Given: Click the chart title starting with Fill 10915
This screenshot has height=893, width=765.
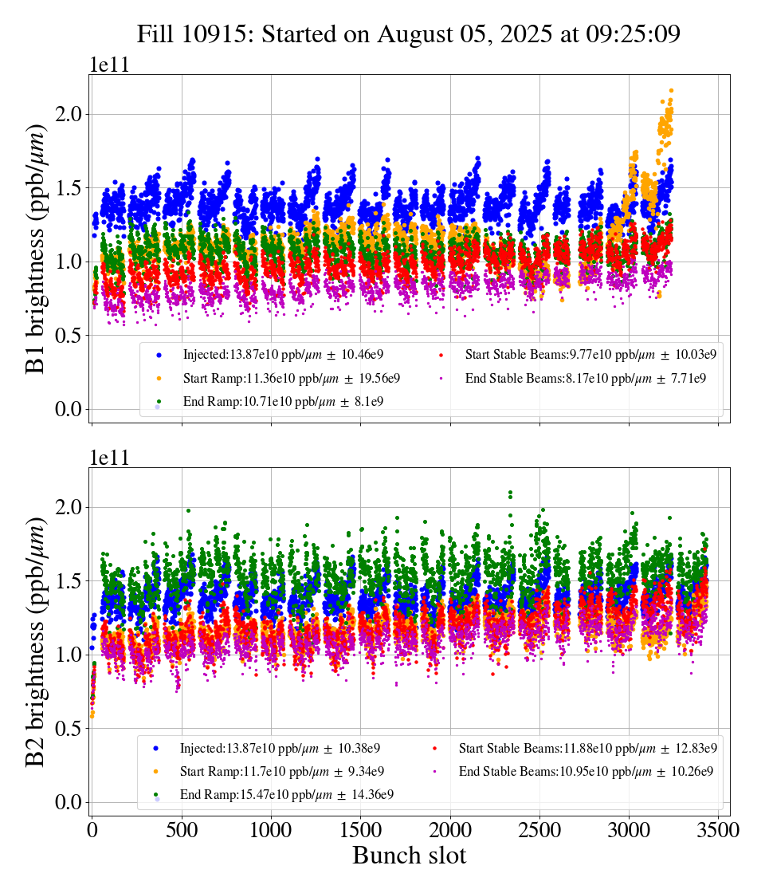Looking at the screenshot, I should [408, 34].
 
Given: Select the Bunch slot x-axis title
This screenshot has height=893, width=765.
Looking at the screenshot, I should [409, 856].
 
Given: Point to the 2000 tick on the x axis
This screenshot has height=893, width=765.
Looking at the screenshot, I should [450, 830].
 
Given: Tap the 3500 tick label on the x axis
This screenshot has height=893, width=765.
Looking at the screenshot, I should [720, 830].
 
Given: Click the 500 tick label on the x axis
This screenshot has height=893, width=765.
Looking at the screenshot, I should [182, 830].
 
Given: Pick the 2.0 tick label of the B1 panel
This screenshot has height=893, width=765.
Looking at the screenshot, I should [70, 114].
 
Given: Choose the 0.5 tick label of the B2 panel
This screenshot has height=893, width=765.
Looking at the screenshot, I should [70, 729].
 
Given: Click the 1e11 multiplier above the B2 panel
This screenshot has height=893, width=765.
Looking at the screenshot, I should [108, 458].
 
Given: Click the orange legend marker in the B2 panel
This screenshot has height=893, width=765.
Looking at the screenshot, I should [157, 772].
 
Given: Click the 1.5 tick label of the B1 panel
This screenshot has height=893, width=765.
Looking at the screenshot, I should [70, 188].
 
